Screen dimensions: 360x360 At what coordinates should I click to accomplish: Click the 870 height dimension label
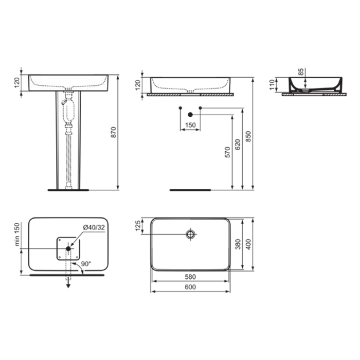[114, 132]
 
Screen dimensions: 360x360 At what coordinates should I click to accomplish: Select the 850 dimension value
[248, 136]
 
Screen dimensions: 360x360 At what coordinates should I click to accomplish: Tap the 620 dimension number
[238, 145]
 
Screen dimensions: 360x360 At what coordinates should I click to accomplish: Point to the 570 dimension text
[227, 152]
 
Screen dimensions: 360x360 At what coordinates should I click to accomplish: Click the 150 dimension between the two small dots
[190, 125]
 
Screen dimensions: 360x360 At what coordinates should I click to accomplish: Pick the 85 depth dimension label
[301, 71]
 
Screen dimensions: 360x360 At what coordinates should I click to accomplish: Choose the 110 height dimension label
[272, 85]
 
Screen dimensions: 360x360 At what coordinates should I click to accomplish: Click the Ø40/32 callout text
[94, 227]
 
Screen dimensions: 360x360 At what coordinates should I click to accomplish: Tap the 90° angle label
[86, 264]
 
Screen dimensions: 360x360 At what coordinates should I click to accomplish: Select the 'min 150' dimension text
[17, 234]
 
